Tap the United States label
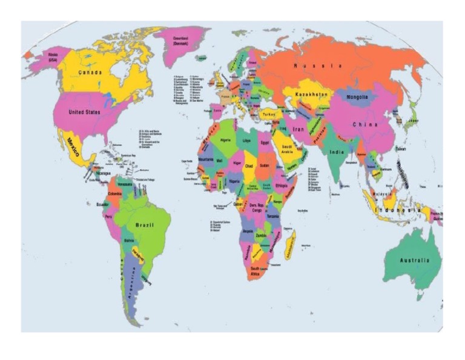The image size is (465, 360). (x=84, y=113)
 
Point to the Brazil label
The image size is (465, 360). (x=145, y=225)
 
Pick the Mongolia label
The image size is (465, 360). (x=357, y=97)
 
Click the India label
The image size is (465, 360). (x=336, y=152)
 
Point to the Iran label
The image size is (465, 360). (x=298, y=129)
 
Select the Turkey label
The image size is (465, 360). (x=268, y=115)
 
